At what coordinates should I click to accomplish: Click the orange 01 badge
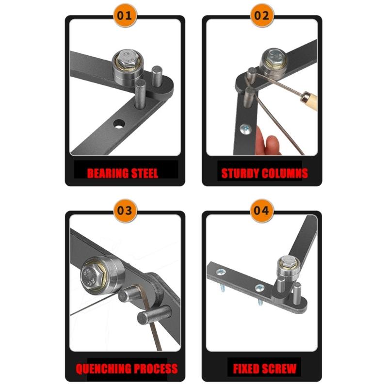tap(125, 16)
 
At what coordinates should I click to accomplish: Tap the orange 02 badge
tap(262, 16)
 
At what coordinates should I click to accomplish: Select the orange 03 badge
tap(125, 211)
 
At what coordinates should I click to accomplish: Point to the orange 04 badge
tap(262, 211)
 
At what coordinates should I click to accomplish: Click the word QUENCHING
tap(103, 368)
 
